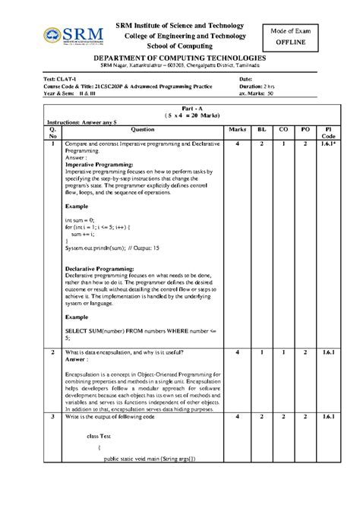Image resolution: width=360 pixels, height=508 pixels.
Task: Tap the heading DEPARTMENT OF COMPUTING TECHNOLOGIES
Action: (179, 59)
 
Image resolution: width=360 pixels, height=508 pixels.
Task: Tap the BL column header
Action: (261, 130)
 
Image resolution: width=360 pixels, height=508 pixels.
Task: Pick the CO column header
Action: (283, 130)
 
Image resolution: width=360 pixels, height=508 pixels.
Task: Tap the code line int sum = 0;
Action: (81, 219)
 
